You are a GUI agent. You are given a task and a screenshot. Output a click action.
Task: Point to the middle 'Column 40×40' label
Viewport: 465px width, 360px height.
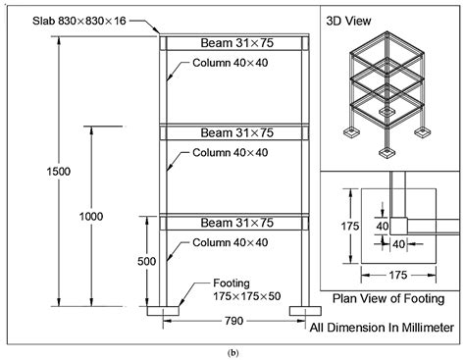[x=229, y=153]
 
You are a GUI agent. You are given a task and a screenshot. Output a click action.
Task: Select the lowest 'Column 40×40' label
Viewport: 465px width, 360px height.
[x=229, y=242]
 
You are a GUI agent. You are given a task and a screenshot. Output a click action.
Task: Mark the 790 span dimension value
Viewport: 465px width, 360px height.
[x=233, y=320]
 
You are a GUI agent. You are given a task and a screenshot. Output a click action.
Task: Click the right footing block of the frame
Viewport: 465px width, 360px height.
[x=304, y=311]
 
